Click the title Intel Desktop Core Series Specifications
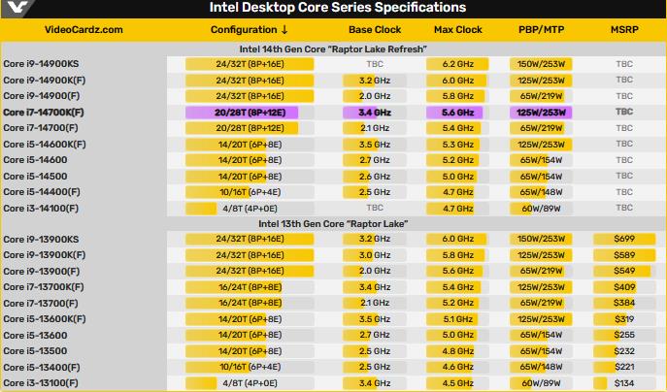(345, 9)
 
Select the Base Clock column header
(374, 30)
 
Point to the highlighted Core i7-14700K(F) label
(44, 113)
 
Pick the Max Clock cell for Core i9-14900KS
(458, 63)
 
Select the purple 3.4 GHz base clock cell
(374, 113)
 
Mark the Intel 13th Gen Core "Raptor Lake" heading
(332, 223)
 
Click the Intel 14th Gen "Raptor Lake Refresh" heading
(333, 48)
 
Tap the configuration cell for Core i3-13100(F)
(249, 383)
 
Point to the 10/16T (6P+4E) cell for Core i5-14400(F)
(249, 192)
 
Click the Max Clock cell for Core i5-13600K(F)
(458, 318)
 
